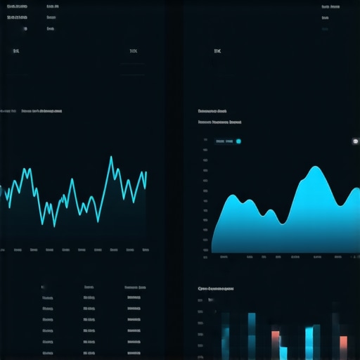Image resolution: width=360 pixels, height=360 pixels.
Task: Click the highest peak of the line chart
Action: coord(111,157)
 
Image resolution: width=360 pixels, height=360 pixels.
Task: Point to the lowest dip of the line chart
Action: coord(54,225)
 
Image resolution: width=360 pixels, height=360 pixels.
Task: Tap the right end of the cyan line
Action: coord(146,172)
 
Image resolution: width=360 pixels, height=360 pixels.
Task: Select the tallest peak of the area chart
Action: coord(314,168)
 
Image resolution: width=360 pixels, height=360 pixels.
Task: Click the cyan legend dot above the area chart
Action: coord(238,141)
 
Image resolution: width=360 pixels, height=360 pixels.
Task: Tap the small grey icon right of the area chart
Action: coord(355,141)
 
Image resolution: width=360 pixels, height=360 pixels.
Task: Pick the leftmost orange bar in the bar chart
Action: coord(276,336)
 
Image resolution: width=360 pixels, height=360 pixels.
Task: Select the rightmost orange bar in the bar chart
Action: coord(343,342)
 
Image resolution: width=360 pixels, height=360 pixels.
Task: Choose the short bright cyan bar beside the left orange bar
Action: coord(283,352)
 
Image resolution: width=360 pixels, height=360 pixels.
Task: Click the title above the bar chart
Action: coord(216,288)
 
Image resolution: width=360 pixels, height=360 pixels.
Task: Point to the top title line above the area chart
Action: coord(212,111)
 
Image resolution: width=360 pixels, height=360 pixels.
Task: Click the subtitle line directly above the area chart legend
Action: coord(219,122)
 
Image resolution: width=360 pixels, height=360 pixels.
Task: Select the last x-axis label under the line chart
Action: coord(145,250)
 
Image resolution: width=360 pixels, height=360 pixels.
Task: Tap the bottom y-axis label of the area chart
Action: coord(205,257)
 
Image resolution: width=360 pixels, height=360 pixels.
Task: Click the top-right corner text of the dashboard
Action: coord(326,6)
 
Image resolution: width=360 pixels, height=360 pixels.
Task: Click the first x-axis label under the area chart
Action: coord(224,257)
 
